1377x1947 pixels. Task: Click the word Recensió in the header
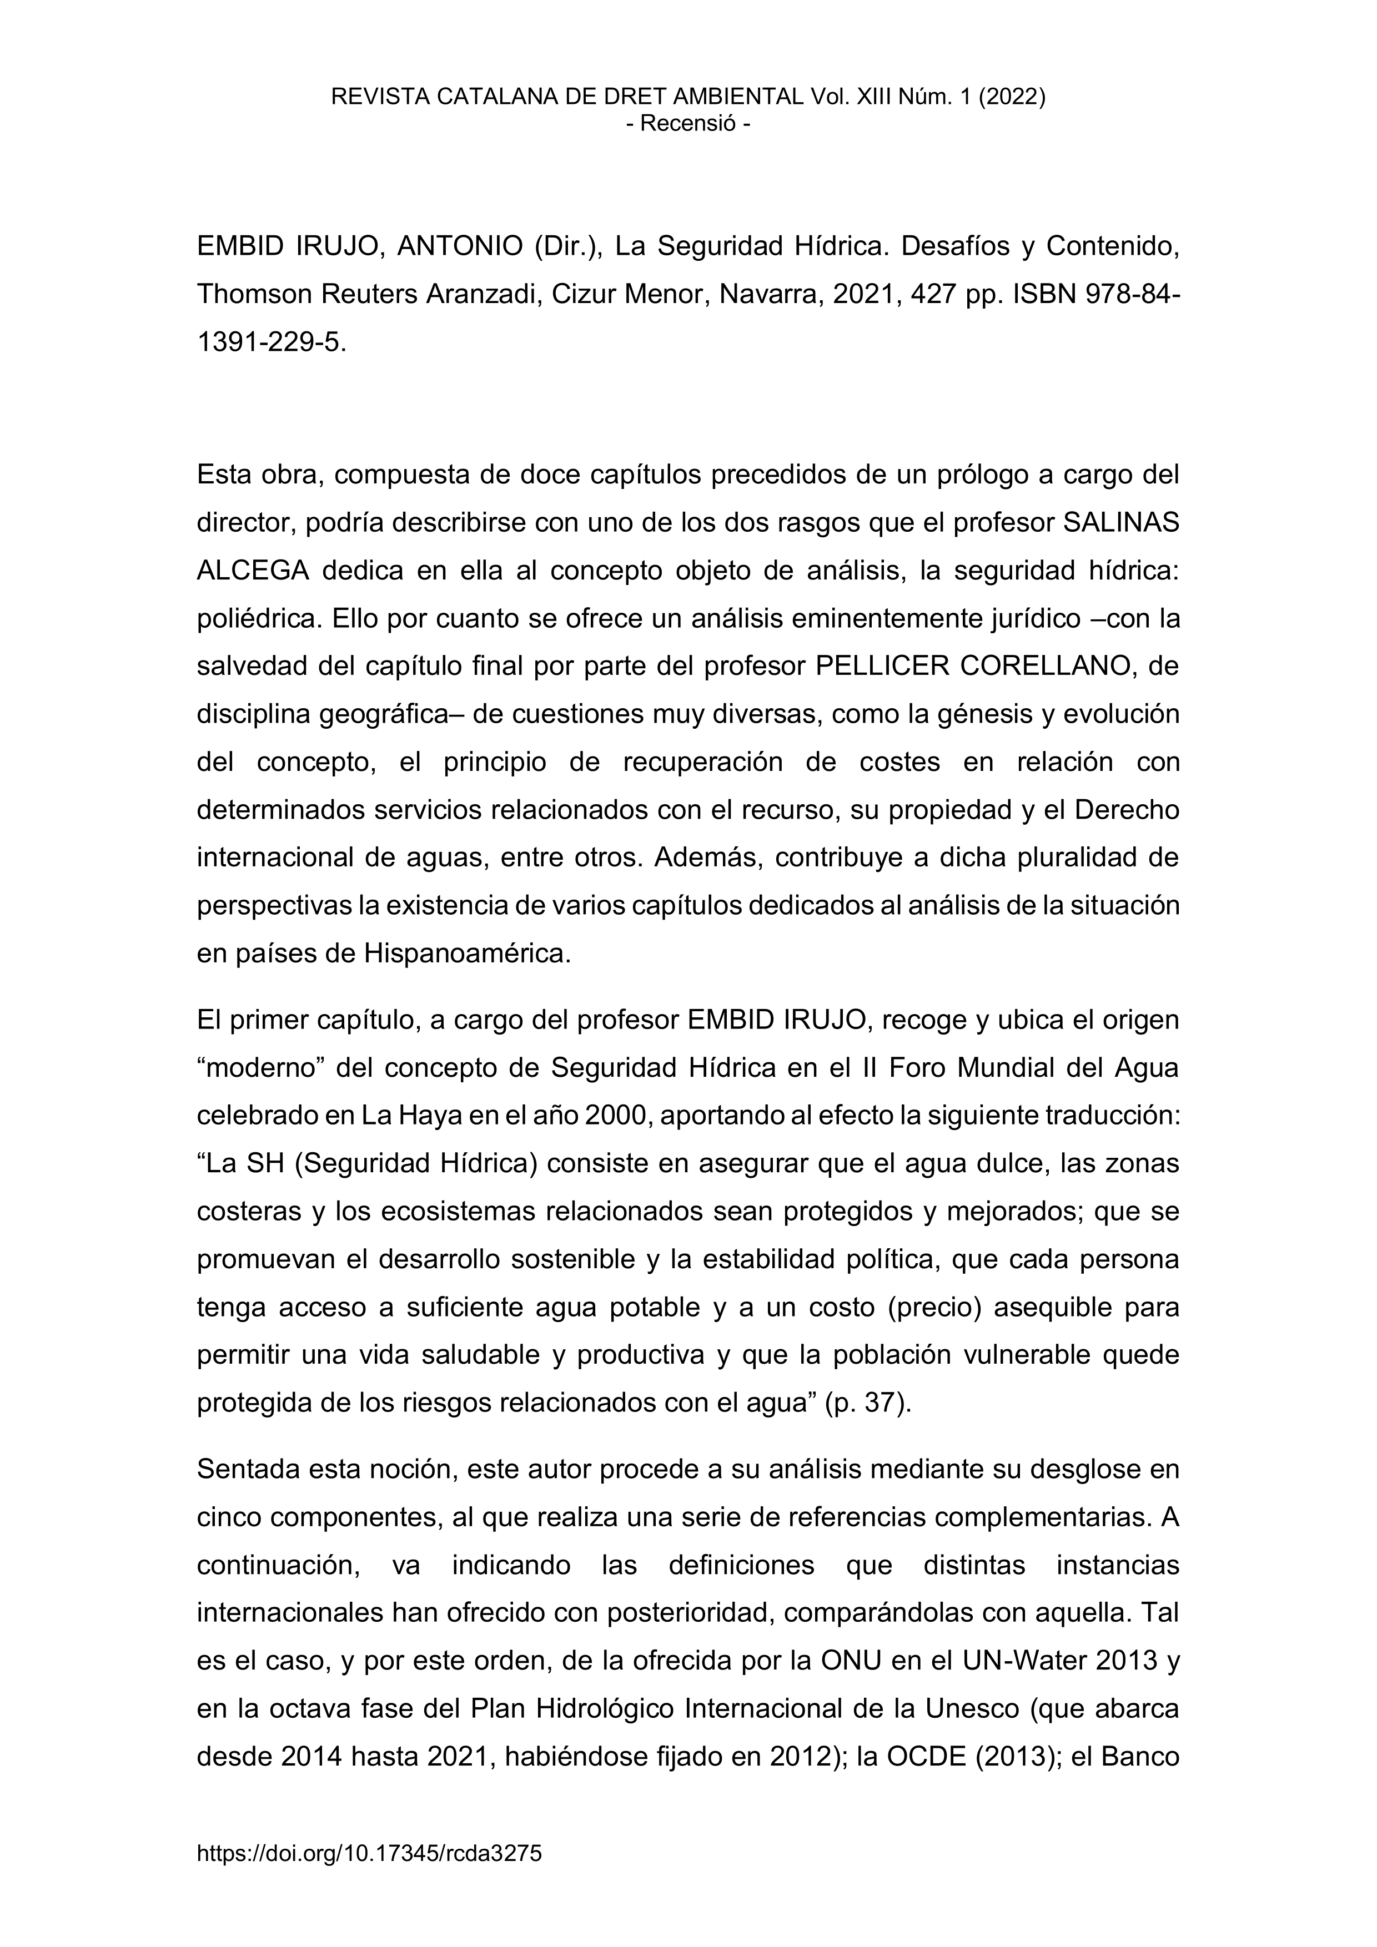(x=688, y=124)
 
